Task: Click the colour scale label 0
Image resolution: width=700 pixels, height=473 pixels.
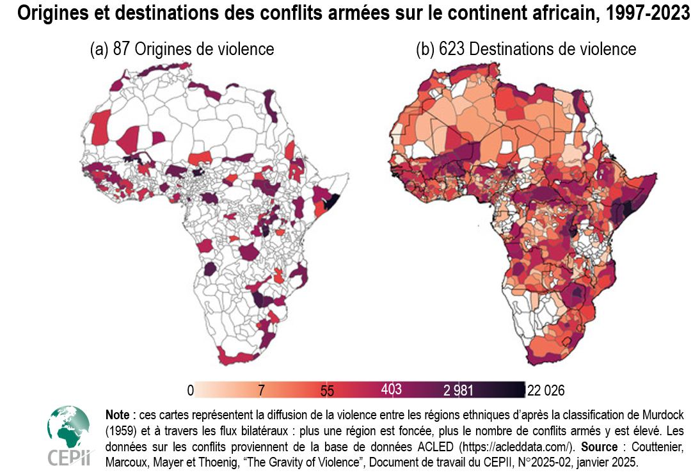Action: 190,390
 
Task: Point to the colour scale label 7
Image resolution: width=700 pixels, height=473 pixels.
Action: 261,390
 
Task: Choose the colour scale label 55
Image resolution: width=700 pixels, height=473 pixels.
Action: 327,390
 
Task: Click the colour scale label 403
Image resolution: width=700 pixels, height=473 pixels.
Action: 391,389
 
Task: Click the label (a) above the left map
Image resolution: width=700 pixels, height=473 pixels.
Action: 99,49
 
